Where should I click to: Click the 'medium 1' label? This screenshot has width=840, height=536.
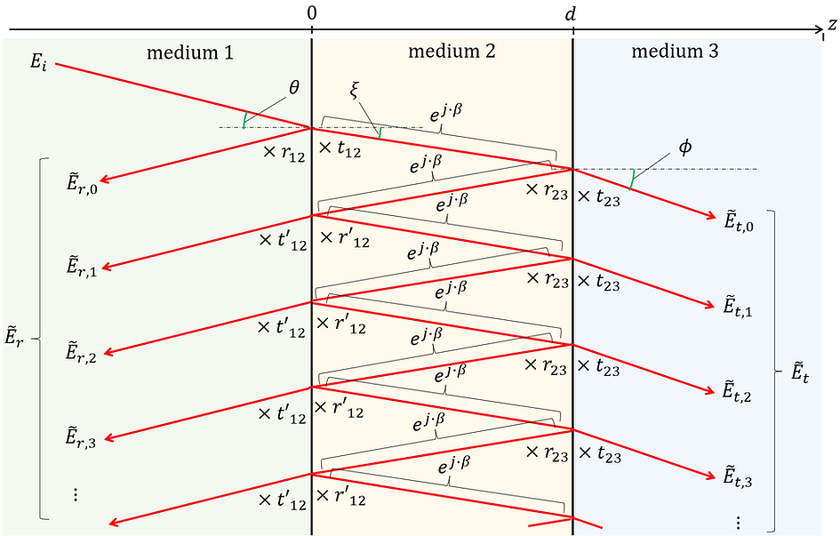click(190, 52)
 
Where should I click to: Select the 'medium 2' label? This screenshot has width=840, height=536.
click(452, 52)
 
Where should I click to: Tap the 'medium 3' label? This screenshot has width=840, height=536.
click(675, 52)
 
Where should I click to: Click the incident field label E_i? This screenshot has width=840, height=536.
click(38, 62)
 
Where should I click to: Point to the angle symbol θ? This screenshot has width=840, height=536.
click(293, 87)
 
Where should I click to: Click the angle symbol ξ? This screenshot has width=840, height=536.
click(354, 90)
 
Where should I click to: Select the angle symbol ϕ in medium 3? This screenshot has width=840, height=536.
click(684, 148)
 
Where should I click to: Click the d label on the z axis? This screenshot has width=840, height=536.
click(571, 14)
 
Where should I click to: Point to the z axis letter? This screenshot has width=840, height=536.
click(832, 24)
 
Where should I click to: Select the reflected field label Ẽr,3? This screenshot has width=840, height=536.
click(81, 436)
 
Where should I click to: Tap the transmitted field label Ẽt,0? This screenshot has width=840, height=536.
click(739, 220)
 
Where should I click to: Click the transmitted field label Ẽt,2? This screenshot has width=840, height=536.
click(737, 390)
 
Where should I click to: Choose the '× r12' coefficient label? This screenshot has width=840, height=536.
click(284, 153)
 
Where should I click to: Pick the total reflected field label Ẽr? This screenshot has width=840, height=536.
click(14, 339)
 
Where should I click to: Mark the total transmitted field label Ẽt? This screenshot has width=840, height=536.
click(800, 372)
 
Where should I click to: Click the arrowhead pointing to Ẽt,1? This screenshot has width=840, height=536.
click(711, 306)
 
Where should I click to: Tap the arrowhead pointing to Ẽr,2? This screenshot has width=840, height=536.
click(108, 352)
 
